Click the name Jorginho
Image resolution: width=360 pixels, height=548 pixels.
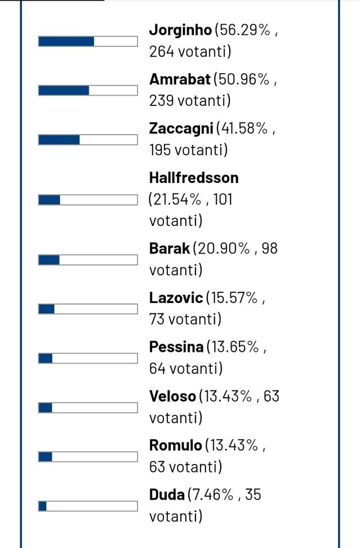click(180, 30)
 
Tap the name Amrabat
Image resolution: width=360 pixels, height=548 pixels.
click(180, 79)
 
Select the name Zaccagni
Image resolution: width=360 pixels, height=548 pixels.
click(181, 129)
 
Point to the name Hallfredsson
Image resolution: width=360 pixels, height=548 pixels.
click(194, 178)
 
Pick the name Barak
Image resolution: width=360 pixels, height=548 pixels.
click(170, 248)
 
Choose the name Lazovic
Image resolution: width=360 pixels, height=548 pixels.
click(176, 298)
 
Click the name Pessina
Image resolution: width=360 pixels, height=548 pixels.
click(176, 347)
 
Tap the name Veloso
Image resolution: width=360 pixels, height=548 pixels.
click(173, 396)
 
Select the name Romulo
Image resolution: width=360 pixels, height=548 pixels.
click(175, 445)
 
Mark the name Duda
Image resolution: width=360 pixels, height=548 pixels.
click(167, 495)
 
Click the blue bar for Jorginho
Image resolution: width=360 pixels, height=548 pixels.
click(66, 42)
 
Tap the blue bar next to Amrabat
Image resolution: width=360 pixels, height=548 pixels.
click(64, 91)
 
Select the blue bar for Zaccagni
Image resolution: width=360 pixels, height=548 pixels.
click(59, 140)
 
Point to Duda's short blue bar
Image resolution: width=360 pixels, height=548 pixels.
click(43, 506)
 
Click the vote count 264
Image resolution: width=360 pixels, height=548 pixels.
click(162, 52)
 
